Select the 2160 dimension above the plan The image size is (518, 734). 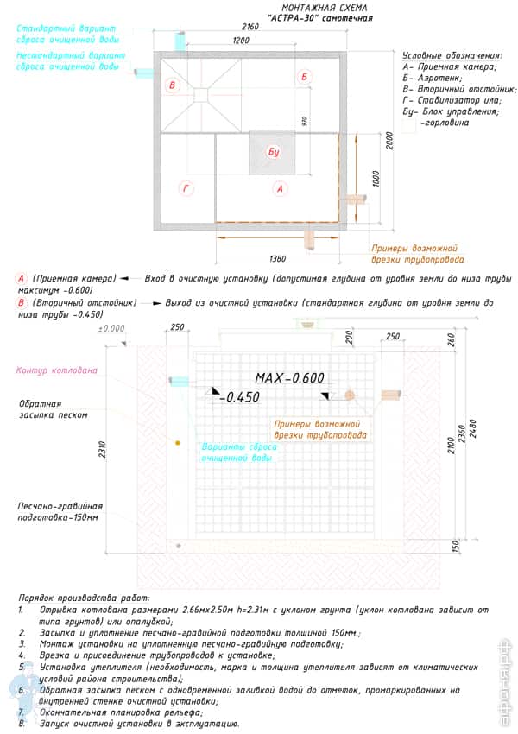(x=250, y=28)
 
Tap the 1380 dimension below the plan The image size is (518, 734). (x=277, y=258)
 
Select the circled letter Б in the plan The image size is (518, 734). (x=304, y=77)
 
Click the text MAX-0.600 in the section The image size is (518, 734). (x=289, y=377)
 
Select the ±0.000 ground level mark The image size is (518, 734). (x=111, y=329)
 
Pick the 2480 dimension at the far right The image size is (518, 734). (x=472, y=436)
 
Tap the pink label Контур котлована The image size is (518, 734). (x=56, y=370)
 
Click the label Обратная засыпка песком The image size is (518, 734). (x=53, y=408)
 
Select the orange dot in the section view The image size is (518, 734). (x=177, y=443)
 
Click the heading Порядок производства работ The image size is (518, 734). (x=83, y=598)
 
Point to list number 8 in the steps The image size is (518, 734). (x=20, y=724)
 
